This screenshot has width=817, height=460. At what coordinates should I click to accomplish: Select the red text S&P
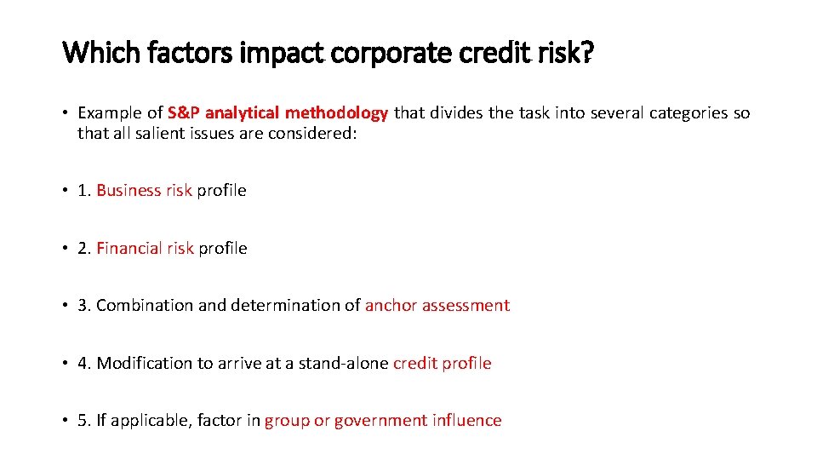(184, 112)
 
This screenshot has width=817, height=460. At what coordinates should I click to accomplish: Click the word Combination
(145, 305)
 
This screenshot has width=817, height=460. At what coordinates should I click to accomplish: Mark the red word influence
(466, 420)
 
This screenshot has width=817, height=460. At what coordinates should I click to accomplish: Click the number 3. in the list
(84, 305)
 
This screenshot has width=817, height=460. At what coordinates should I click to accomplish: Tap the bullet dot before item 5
(65, 420)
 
